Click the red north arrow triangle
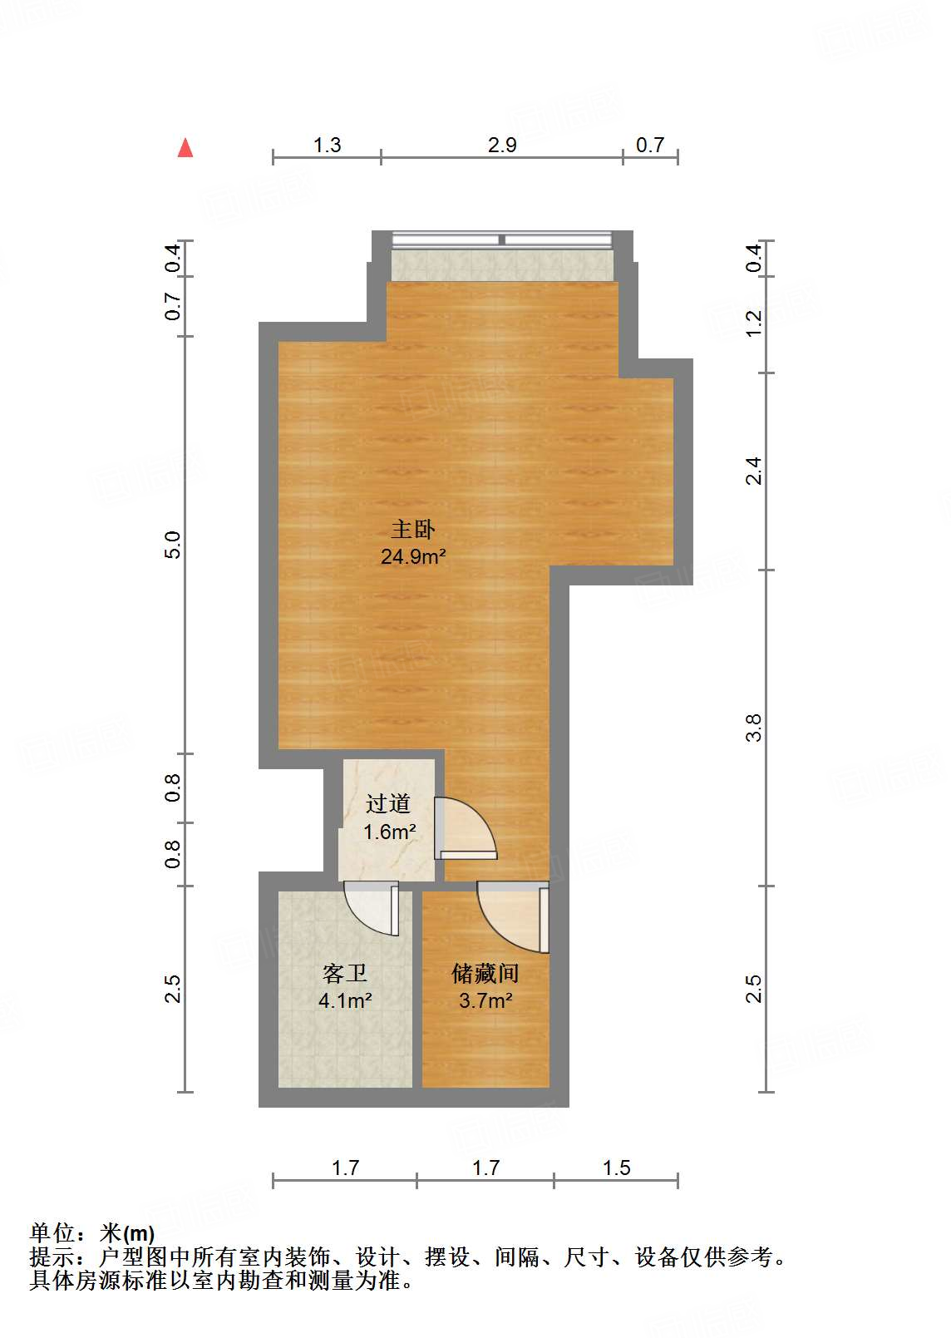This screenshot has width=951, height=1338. coord(185,148)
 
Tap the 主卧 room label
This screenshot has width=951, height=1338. coord(413,529)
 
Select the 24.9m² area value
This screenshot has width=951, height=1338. coord(413,556)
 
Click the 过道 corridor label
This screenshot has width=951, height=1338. coord(388,803)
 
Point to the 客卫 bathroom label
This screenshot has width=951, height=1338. coord(344,973)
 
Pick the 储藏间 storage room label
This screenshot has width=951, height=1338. coord(485,973)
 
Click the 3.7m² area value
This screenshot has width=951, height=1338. coord(485,1000)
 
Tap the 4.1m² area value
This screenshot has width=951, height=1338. coord(344,1000)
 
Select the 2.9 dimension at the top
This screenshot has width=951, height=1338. coord(502,145)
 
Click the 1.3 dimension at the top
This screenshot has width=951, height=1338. coord(327,145)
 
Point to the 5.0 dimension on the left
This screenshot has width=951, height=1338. coord(172,545)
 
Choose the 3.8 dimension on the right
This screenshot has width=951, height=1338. coord(753,728)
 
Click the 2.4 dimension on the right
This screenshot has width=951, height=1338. coord(753,471)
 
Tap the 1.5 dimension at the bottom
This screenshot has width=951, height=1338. coord(616,1168)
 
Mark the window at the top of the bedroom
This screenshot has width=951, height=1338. coord(502,240)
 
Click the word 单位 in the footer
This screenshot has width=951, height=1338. coord(52,1233)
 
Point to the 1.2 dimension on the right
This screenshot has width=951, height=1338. coord(753,323)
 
